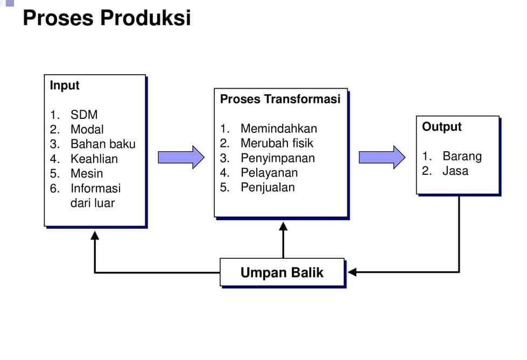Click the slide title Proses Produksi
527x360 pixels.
click(107, 18)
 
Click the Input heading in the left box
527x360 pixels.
click(65, 86)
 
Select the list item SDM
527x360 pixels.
click(84, 115)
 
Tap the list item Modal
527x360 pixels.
click(87, 130)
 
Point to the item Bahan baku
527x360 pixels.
click(103, 144)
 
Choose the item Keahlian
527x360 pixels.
click(94, 159)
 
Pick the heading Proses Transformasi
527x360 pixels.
click(280, 99)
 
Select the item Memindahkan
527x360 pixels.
click(278, 129)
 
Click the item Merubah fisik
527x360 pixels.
click(277, 143)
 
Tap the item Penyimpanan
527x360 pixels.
click(277, 158)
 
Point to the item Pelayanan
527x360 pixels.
click(269, 173)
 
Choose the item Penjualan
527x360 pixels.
click(268, 187)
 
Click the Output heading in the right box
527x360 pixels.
click(442, 127)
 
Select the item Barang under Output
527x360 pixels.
click(462, 156)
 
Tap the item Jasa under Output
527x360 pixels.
click(455, 171)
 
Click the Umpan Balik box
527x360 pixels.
click(282, 272)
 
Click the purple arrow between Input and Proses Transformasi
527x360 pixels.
click(181, 157)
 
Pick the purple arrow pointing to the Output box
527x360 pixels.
click(382, 157)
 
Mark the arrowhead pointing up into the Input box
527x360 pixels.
click(95, 235)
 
